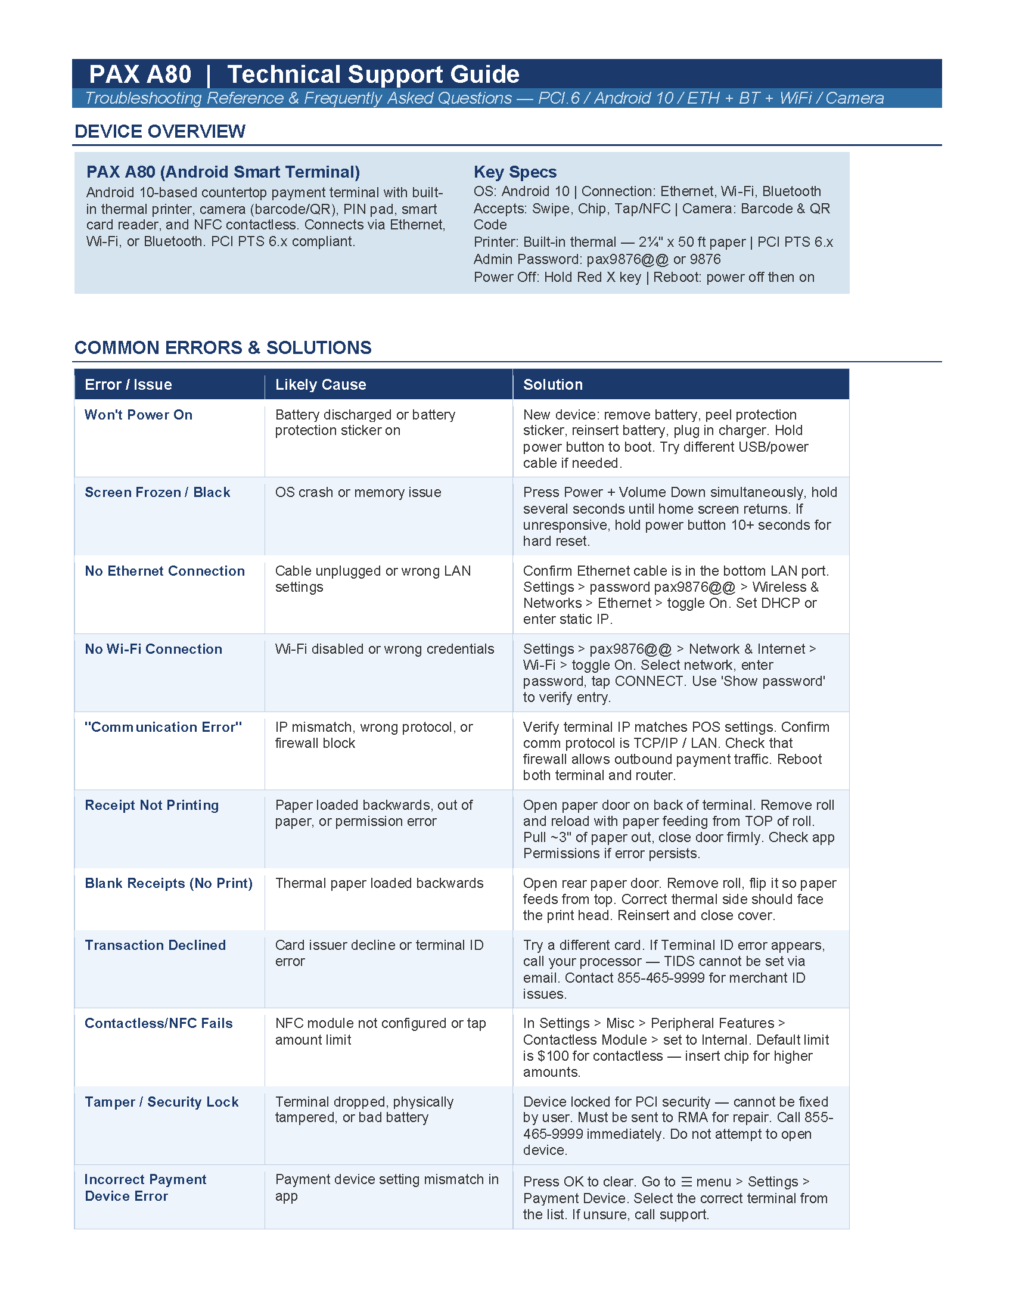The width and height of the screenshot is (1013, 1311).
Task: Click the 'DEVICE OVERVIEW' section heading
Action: point(160,132)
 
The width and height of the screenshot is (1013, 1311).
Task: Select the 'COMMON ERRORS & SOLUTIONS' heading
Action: point(223,347)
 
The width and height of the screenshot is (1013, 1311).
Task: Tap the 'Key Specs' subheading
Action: point(515,172)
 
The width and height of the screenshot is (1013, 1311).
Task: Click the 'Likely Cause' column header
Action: point(321,385)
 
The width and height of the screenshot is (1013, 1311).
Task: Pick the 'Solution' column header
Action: point(553,385)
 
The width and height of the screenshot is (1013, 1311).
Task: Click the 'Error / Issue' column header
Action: point(129,385)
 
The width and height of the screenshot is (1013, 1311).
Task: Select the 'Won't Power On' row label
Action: point(139,415)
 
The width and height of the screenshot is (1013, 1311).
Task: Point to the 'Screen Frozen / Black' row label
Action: point(157,492)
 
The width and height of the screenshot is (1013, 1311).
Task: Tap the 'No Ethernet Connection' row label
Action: point(164,571)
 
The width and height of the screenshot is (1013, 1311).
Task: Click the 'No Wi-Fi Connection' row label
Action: point(153,649)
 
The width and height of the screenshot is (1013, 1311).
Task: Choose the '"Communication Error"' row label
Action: point(163,727)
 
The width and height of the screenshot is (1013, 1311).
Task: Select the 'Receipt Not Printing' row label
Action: point(152,805)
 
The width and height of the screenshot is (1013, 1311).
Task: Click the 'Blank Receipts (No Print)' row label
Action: point(169,883)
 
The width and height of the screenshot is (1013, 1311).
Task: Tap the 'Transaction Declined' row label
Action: point(156,945)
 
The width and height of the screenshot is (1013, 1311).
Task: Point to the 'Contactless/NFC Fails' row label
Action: point(159,1023)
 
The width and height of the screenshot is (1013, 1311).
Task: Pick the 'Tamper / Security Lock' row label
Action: point(161,1101)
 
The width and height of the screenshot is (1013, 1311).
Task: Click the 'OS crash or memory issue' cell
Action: point(358,492)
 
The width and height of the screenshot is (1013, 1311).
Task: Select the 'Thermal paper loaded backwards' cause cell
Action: point(379,883)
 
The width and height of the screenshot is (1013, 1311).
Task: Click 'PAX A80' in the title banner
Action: point(140,74)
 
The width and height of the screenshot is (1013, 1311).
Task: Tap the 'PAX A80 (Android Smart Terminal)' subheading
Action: point(223,172)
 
